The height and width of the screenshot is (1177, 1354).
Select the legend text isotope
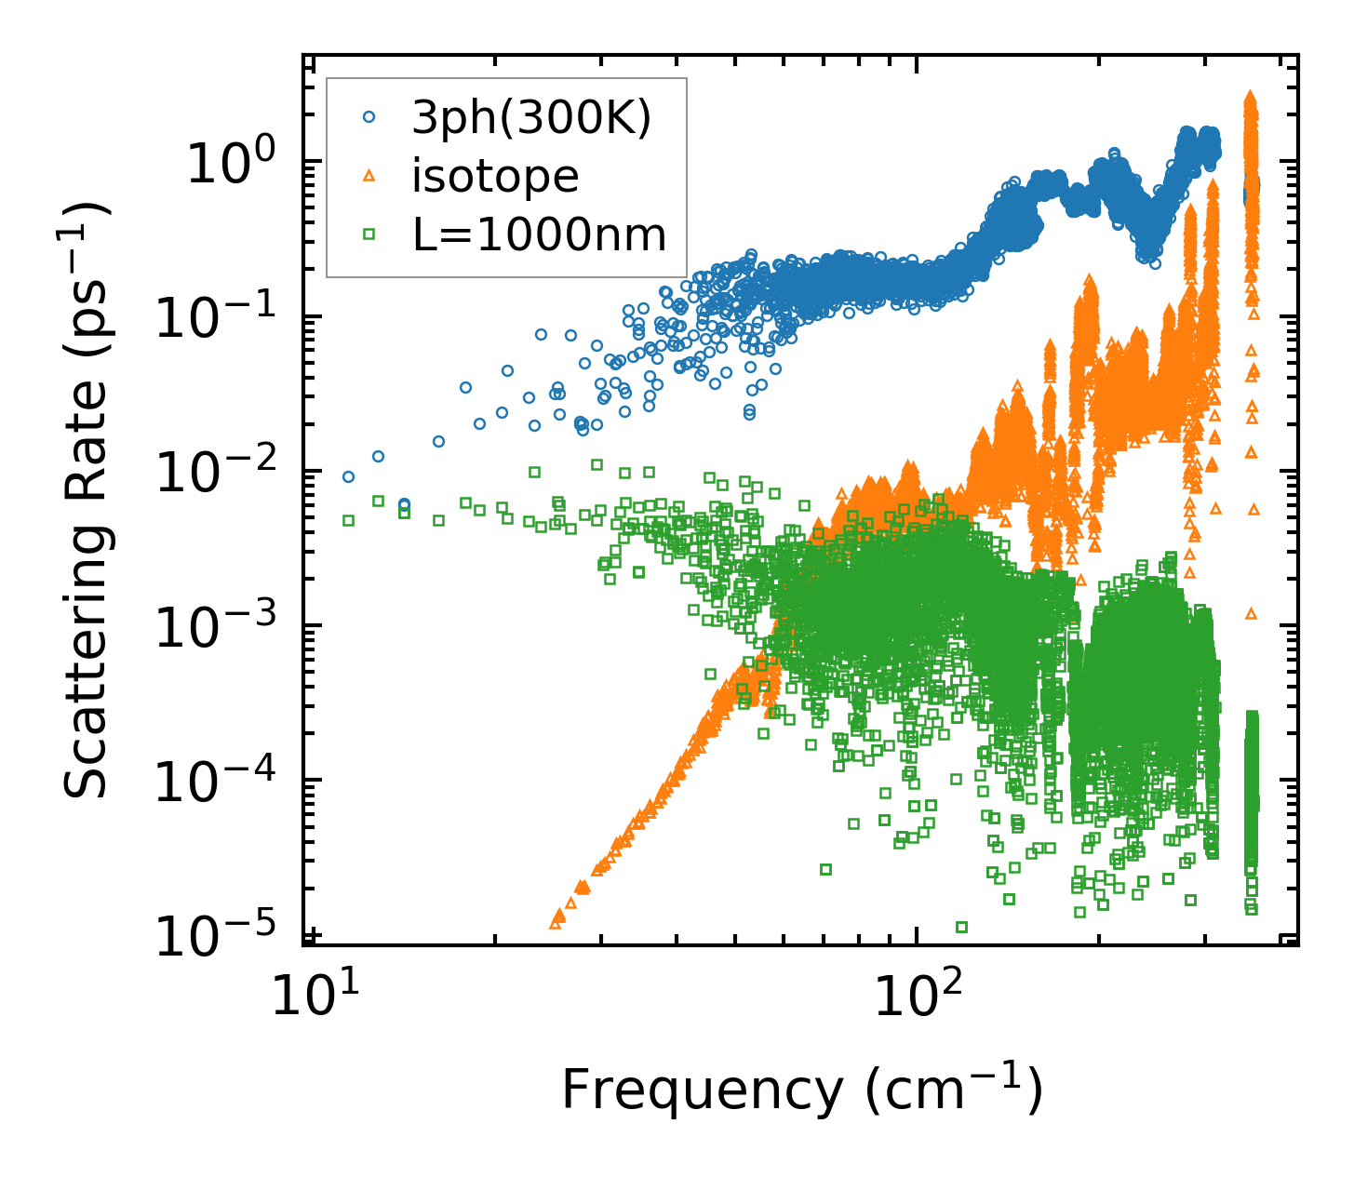495,177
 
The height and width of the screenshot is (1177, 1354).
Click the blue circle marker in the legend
369,118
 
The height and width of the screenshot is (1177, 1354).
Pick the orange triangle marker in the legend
369,176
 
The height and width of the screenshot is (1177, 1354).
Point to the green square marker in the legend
369,234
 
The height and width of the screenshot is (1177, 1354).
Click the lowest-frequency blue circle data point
348,476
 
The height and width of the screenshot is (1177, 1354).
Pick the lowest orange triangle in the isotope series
556,924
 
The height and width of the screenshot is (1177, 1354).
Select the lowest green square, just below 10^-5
961,927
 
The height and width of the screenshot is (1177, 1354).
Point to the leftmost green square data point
348,520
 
